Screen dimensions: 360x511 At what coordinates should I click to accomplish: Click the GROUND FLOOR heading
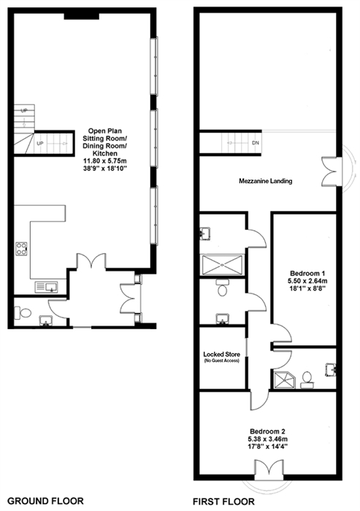tap(45, 501)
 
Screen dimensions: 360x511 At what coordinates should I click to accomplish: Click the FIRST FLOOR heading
tap(223, 502)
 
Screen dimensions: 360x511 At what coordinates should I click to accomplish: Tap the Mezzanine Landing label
tap(265, 181)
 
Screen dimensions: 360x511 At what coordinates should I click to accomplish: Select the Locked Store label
tap(222, 354)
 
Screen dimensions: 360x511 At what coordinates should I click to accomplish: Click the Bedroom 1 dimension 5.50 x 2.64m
tap(308, 280)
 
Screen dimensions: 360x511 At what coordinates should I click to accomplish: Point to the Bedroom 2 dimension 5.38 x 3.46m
tap(269, 439)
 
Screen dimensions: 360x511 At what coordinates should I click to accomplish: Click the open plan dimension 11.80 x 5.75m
tap(105, 161)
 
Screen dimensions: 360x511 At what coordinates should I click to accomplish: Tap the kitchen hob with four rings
tap(21, 249)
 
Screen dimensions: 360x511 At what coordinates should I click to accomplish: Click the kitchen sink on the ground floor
tap(46, 287)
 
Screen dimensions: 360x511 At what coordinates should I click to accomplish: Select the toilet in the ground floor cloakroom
tap(23, 313)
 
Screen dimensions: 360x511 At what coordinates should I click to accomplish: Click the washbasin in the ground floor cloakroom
tap(45, 320)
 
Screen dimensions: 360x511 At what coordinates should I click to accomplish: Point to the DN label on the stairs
tap(256, 143)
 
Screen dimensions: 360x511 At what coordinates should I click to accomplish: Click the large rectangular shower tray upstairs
tap(223, 264)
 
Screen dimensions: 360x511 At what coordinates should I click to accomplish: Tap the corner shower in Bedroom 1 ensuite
tap(285, 380)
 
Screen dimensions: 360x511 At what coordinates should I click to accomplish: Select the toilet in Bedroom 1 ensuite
tap(307, 380)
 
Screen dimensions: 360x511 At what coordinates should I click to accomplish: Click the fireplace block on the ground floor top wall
tap(82, 15)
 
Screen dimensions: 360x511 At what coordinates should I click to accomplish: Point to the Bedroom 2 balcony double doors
tap(269, 470)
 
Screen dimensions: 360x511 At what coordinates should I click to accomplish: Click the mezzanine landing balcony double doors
tap(332, 172)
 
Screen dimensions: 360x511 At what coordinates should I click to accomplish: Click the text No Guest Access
tap(222, 361)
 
